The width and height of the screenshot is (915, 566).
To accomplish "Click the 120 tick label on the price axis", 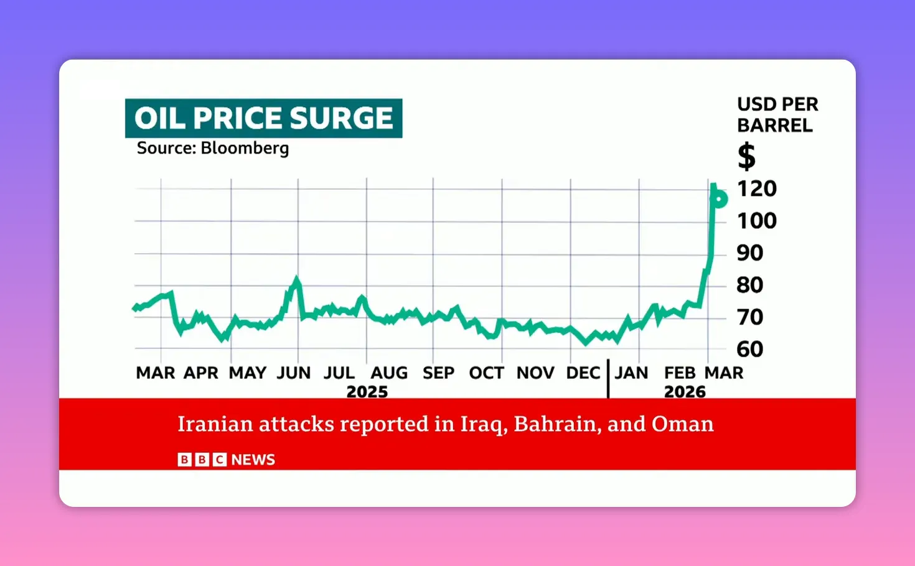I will (756, 188).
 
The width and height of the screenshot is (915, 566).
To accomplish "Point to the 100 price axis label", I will (756, 221).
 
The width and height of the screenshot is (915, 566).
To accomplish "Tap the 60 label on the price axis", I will (749, 349).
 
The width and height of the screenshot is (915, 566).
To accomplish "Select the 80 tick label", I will (749, 285).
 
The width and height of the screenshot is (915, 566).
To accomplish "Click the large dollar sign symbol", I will (746, 156).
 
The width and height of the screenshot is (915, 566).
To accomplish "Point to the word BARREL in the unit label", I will (774, 126).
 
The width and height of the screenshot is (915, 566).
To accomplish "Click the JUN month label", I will (293, 373).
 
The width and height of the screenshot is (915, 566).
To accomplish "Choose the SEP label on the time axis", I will (438, 373).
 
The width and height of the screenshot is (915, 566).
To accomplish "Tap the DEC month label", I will (583, 373).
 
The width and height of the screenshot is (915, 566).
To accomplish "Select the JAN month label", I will (631, 373).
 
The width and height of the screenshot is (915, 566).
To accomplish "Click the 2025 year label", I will (367, 392).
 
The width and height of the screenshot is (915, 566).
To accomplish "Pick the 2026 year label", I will (685, 392).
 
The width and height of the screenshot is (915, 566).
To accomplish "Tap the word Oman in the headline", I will (682, 424).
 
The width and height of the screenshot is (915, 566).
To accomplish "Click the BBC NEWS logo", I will (226, 460).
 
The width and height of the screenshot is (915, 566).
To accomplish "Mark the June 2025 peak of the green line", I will (297, 279).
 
